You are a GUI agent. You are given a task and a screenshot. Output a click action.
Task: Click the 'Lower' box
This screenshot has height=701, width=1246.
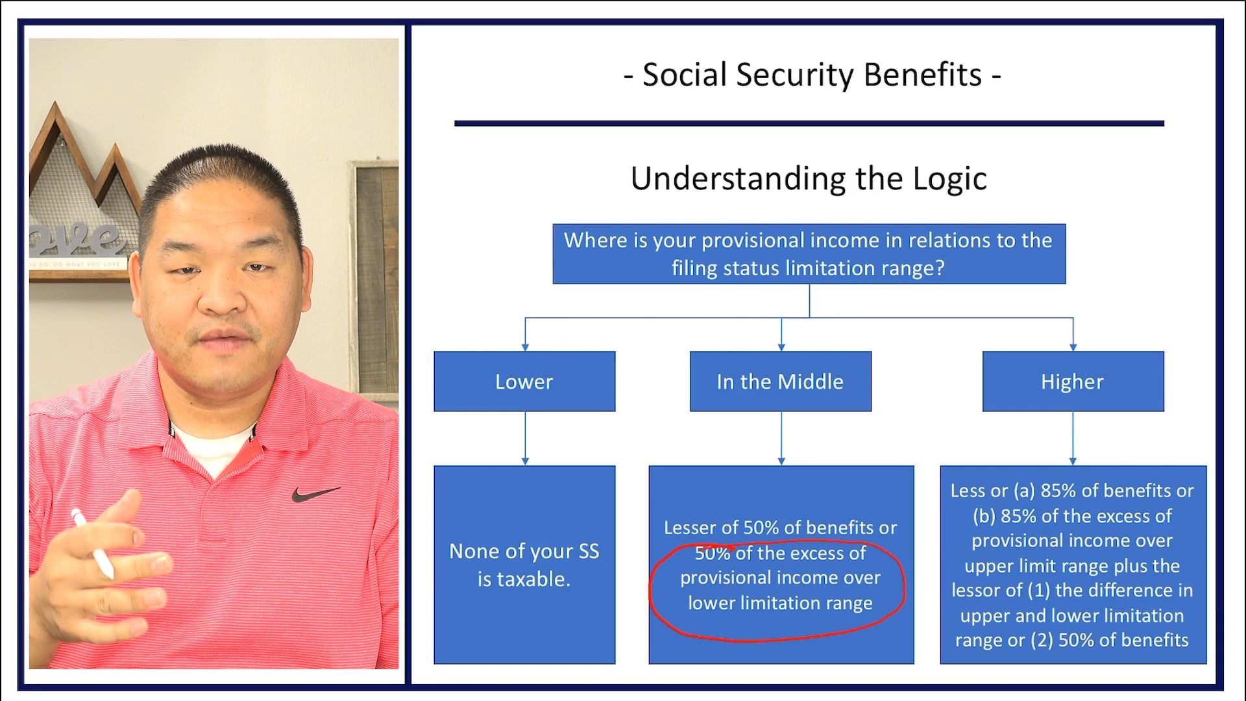coord(524,382)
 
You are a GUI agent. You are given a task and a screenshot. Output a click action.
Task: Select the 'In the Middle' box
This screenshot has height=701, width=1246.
coord(780,382)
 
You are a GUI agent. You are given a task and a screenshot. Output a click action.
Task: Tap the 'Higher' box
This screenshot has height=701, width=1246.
coord(1073,382)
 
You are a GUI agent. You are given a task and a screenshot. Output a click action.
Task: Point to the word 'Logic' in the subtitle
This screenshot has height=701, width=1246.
coord(949,178)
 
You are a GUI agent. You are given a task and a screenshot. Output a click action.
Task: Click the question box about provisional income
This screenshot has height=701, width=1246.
coord(809,254)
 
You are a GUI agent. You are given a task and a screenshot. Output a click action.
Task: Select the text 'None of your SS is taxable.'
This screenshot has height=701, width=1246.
coord(524,565)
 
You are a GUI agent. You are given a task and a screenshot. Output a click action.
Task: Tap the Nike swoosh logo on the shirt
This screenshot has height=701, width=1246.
coord(314,495)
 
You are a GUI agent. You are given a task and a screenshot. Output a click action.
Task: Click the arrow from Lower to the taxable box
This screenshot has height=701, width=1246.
coord(525,439)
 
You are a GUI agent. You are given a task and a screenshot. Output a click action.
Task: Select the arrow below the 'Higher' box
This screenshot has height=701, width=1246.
coord(1073,439)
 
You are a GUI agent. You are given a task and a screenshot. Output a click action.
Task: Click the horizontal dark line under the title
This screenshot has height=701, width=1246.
coord(809,123)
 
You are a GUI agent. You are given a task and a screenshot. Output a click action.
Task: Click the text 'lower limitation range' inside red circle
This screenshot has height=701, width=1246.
coord(780,603)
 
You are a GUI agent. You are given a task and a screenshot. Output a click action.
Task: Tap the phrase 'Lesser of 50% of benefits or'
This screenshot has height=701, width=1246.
coord(780,528)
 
